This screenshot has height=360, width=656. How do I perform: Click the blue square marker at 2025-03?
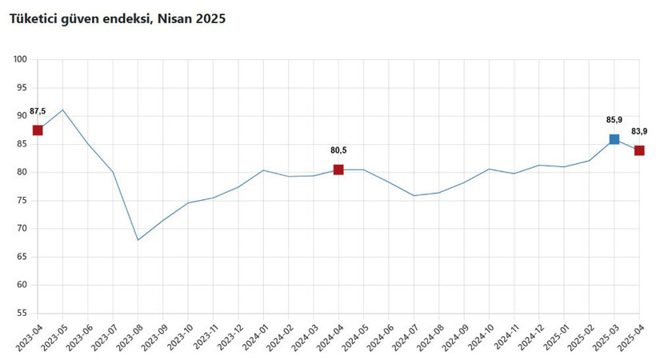[x=614, y=139]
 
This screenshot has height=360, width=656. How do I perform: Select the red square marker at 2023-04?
[x=38, y=130]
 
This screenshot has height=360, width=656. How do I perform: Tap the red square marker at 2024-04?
[x=338, y=170]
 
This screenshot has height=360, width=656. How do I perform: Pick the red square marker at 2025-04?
[x=639, y=150]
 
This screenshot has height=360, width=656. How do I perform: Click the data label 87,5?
[x=38, y=111]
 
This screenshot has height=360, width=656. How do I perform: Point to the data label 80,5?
[x=338, y=150]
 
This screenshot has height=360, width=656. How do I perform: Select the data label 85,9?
[x=614, y=119]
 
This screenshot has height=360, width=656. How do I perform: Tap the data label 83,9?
[x=639, y=131]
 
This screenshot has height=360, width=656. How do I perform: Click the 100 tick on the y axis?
[x=21, y=59]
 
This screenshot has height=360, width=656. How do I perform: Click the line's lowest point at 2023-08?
[x=138, y=240]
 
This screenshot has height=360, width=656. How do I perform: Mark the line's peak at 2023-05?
[x=62, y=110]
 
